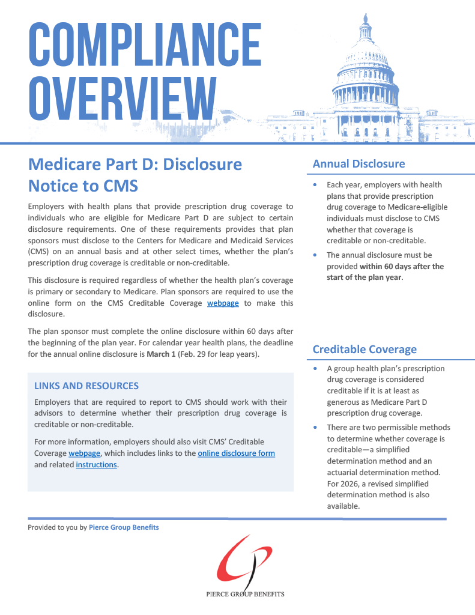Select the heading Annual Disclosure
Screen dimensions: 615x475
pos(359,163)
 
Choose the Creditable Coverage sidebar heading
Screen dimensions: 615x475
pos(365,349)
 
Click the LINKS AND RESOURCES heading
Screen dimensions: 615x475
pos(86,386)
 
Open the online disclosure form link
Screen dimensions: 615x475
pos(236,453)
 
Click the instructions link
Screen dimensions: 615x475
pos(96,464)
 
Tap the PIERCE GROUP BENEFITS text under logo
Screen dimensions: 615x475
pos(244,594)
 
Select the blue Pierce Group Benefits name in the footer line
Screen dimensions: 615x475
pos(124,527)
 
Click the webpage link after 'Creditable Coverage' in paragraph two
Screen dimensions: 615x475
pos(223,303)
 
